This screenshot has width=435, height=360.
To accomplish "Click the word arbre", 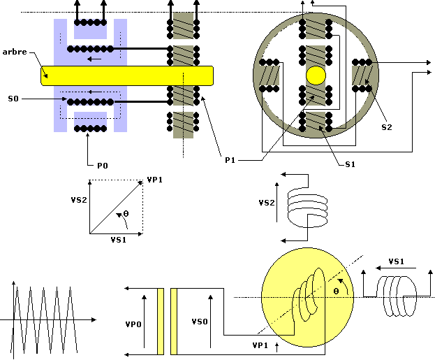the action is click(x=15, y=52).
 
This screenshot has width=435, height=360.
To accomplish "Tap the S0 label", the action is click(x=13, y=99).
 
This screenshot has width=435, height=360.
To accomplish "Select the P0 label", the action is click(x=103, y=166).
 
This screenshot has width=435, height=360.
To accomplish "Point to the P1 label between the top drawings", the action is click(x=230, y=160).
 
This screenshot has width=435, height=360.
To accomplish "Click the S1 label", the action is click(x=350, y=164).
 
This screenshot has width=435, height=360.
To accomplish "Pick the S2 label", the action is click(x=387, y=127).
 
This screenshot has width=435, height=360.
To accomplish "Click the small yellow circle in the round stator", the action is click(x=316, y=75).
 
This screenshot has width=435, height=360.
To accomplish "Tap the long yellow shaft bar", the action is click(x=127, y=75).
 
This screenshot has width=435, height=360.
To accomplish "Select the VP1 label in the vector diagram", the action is click(x=154, y=180).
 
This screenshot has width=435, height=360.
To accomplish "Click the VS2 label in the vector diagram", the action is click(x=79, y=200).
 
